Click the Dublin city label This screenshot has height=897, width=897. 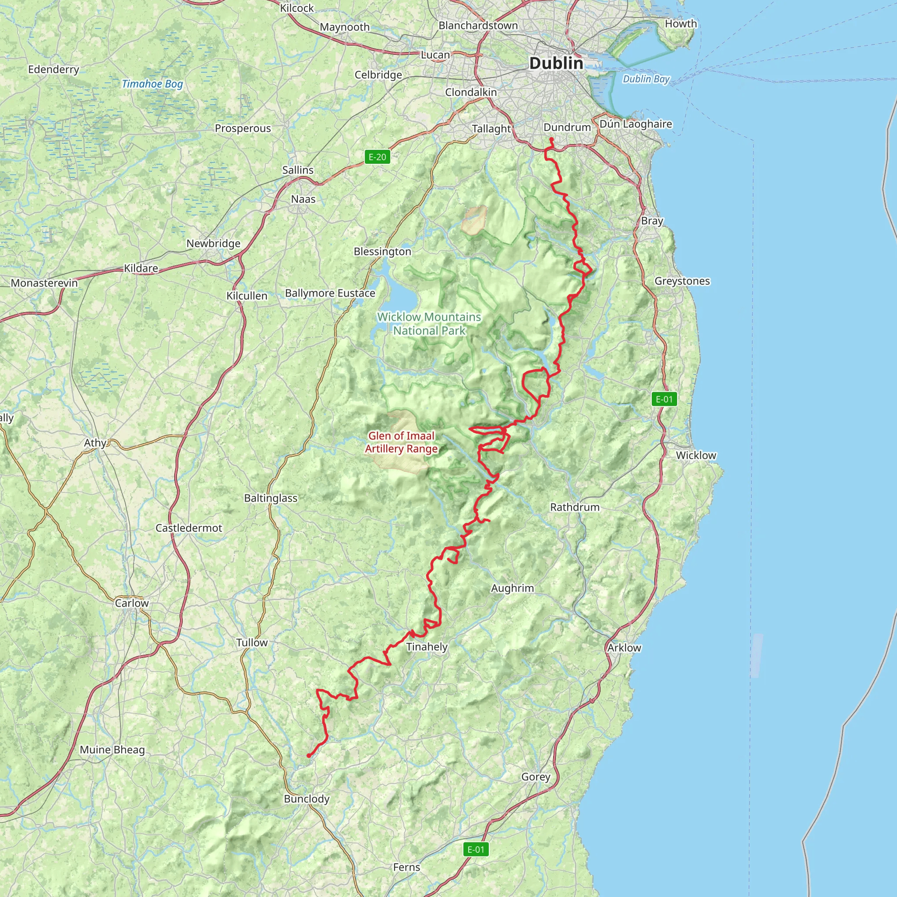click(x=556, y=63)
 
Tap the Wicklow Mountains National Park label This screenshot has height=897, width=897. click(x=429, y=324)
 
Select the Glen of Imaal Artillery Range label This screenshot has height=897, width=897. click(x=401, y=442)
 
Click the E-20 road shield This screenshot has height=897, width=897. click(x=377, y=157)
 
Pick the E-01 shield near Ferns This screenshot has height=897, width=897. click(x=475, y=850)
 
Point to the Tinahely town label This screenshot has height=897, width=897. click(x=427, y=647)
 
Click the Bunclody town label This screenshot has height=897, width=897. click(x=307, y=799)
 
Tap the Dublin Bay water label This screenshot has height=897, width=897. click(x=646, y=79)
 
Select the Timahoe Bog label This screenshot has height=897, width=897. click(x=152, y=84)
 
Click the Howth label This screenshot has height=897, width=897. click(x=681, y=24)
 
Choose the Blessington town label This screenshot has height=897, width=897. click(x=382, y=252)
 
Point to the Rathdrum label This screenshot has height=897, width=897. click(x=575, y=507)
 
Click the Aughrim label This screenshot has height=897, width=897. click(x=512, y=588)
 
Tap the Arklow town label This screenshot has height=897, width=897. click(x=624, y=648)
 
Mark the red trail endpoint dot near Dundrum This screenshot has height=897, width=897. click(x=551, y=139)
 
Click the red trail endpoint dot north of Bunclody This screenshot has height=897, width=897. click(x=309, y=756)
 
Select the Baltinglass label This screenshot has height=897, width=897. click(x=271, y=498)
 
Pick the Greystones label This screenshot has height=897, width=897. click(x=682, y=281)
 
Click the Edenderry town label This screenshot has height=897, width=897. click(x=53, y=70)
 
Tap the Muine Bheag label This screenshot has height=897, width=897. click(x=113, y=750)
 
